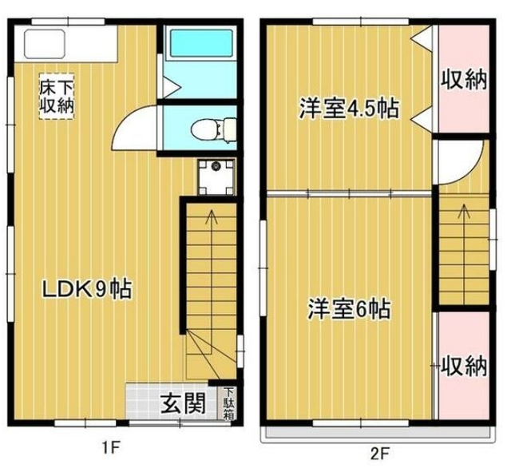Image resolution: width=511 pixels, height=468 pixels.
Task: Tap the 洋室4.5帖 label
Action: pos(350,109)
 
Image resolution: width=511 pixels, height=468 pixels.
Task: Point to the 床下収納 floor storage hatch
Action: pos(57,97)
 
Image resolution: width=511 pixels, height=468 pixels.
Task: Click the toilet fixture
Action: pos(213,128)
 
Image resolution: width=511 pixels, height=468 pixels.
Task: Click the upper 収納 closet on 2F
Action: pos(464,81)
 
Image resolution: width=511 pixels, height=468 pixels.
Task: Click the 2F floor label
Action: pos(379,452)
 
